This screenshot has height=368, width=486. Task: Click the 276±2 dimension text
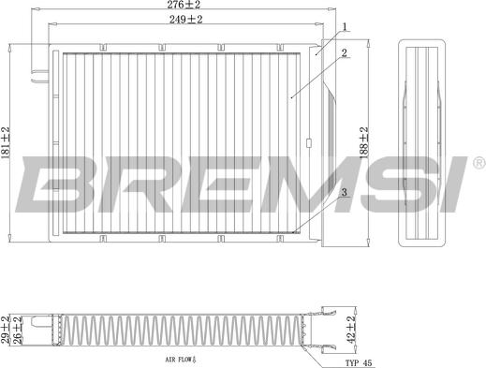click(184, 5)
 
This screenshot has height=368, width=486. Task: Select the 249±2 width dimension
click(186, 20)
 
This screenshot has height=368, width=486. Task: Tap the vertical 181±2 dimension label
click(6, 142)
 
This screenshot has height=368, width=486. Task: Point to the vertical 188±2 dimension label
click(364, 142)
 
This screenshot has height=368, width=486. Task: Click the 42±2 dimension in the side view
click(351, 330)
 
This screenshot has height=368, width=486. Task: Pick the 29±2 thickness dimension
click(6, 330)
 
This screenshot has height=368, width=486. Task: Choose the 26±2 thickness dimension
click(17, 330)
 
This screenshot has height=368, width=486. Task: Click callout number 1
click(345, 27)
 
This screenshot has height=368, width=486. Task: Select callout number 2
click(344, 52)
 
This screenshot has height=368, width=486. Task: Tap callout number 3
click(345, 192)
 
